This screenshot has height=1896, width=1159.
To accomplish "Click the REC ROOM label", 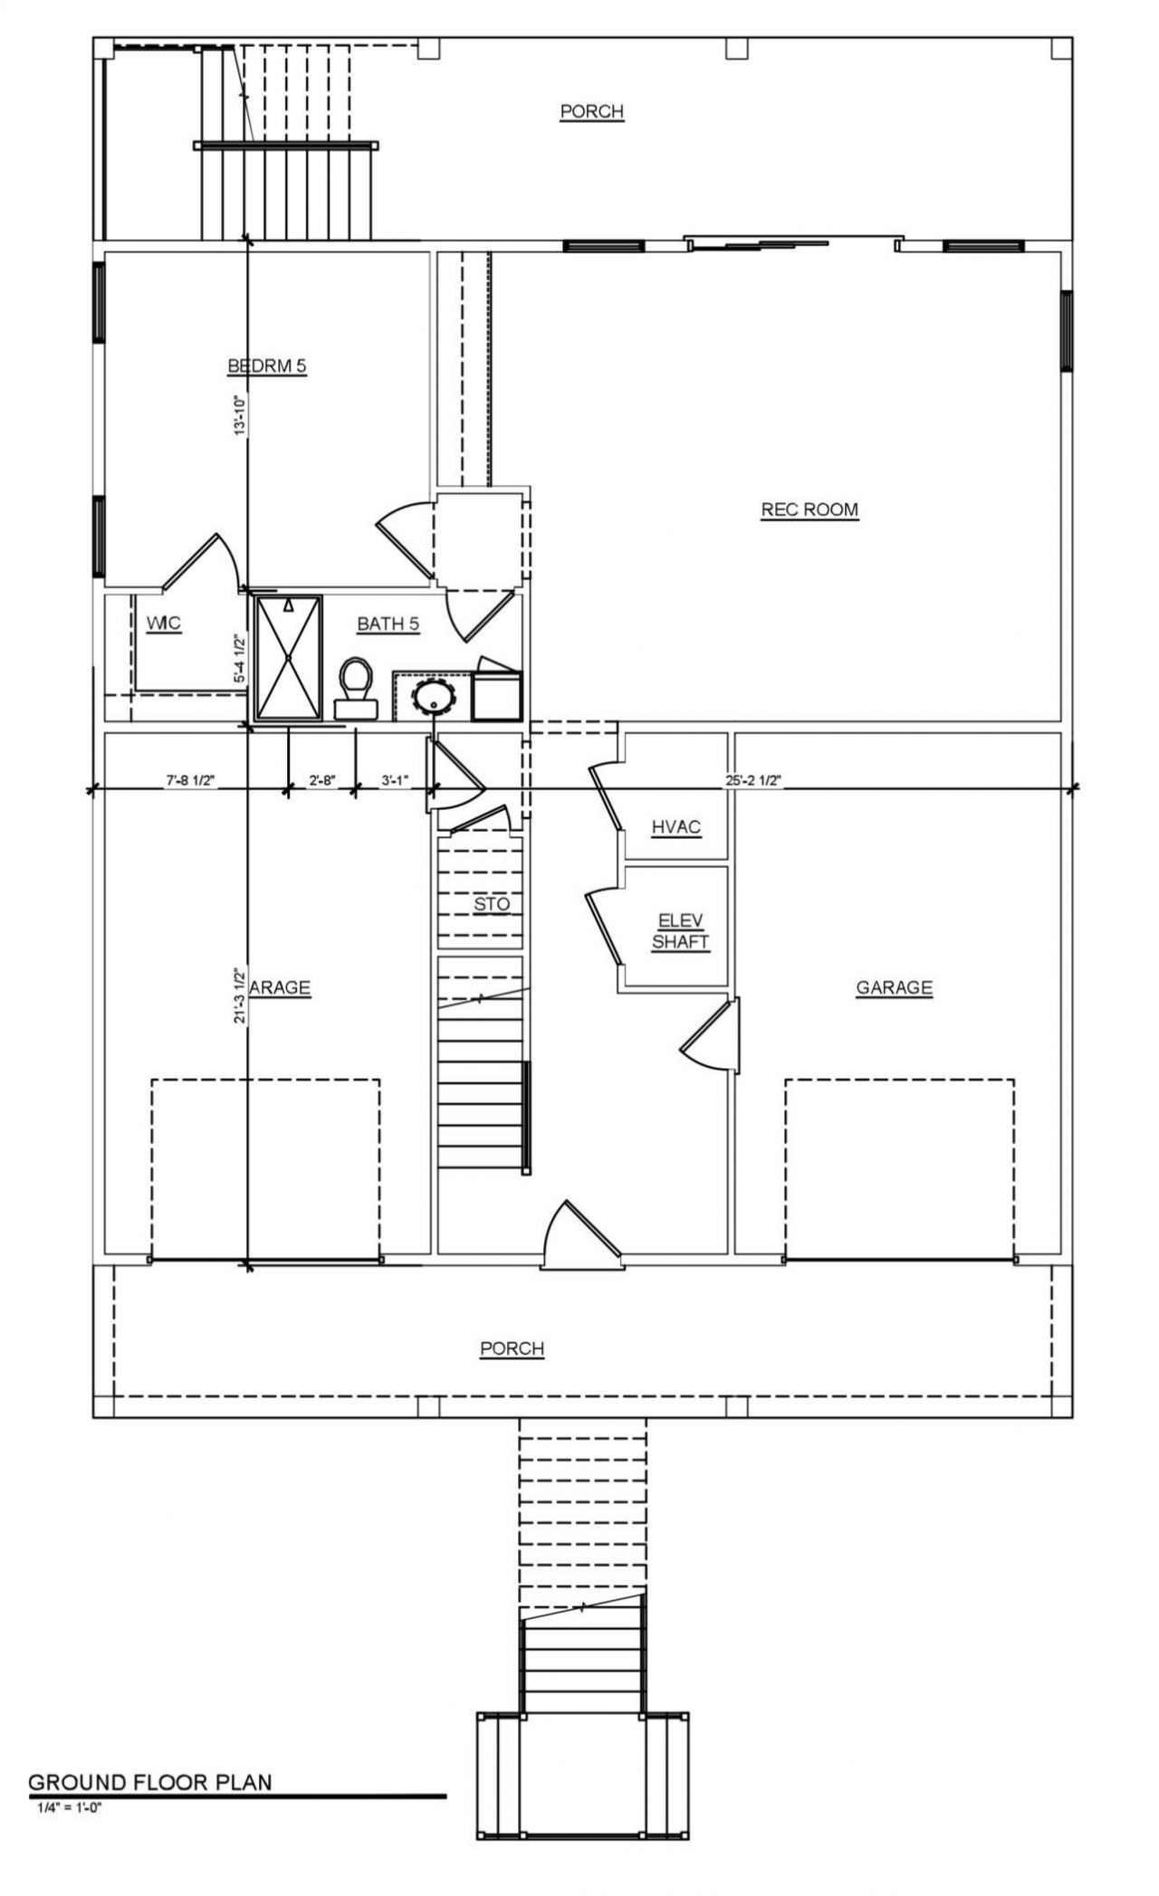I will pyautogui.click(x=809, y=510).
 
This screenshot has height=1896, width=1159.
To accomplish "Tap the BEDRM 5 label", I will pyautogui.click(x=267, y=367).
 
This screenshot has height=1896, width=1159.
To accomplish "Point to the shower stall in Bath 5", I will pyautogui.click(x=287, y=658).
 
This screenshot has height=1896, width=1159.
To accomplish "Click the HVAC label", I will pyautogui.click(x=675, y=827).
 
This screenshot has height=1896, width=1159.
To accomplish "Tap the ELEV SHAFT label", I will pyautogui.click(x=680, y=931).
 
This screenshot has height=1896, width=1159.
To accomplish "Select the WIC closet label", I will pyautogui.click(x=164, y=624).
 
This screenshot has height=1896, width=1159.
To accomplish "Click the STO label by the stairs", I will pyautogui.click(x=492, y=904).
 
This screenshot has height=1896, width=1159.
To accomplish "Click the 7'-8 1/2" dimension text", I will pyautogui.click(x=189, y=780).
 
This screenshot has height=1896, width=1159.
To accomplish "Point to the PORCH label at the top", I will pyautogui.click(x=591, y=111).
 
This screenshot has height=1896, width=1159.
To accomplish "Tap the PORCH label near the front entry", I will pyautogui.click(x=512, y=1348).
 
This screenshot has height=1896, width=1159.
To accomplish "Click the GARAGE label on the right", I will pyautogui.click(x=894, y=987).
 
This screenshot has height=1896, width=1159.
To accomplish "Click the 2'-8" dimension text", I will pyautogui.click(x=321, y=780).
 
